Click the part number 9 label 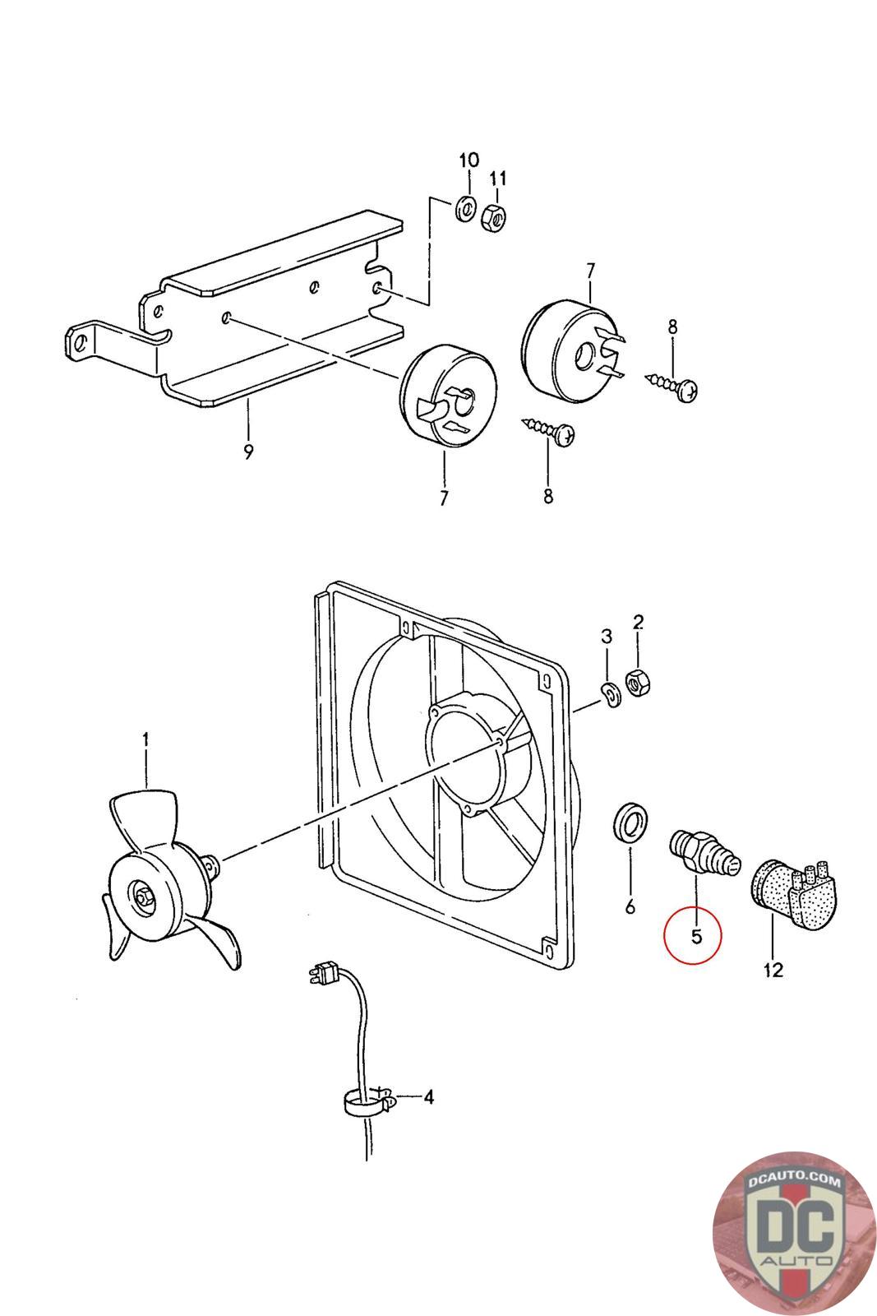point(248,452)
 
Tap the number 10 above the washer point(469,160)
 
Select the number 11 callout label point(498,178)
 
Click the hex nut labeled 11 point(494,218)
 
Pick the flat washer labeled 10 point(465,209)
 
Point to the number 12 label point(773,970)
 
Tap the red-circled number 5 point(696,936)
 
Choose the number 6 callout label point(630,906)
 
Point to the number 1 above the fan point(145,739)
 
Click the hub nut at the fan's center point(143,896)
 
